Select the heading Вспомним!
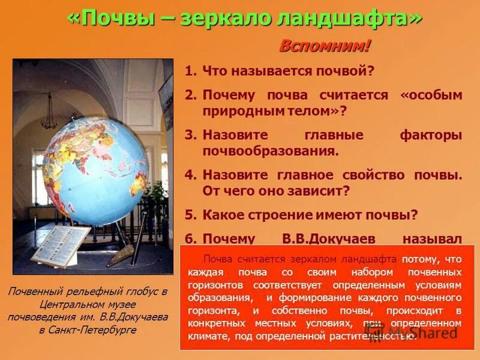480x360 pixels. tap(325, 46)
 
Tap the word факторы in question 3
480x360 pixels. tap(431, 135)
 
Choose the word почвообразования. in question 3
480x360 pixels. tap(271, 151)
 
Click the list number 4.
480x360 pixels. tap(190, 175)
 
